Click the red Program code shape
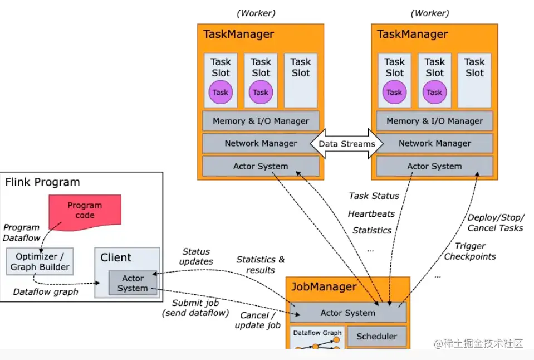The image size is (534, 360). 85,211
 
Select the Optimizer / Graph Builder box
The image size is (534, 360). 40,262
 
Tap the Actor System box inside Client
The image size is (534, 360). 133,283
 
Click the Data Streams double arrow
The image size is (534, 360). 346,144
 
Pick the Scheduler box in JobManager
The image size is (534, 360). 377,336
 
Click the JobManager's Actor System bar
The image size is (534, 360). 347,313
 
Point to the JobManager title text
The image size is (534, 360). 324,287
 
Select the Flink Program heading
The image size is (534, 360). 42,182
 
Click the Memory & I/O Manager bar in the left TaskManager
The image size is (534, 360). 261,121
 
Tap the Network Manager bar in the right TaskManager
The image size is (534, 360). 434,143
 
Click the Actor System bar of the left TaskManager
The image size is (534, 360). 261,166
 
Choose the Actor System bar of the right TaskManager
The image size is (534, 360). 434,166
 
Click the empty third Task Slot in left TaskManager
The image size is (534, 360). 301,80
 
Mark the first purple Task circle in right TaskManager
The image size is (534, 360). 394,93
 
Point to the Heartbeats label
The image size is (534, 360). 371,213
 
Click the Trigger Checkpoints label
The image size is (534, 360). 470,251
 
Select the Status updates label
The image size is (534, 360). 196,256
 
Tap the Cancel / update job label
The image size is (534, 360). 257,320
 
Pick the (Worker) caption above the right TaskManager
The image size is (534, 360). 429,13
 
